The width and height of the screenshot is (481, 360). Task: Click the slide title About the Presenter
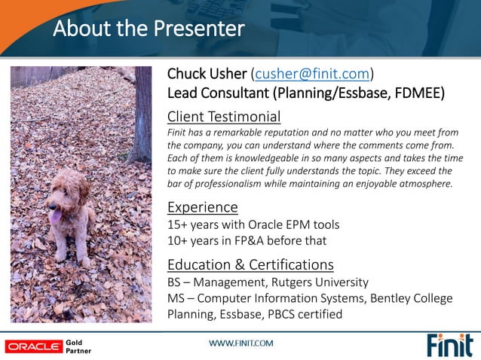149,29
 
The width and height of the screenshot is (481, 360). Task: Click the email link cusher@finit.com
312,74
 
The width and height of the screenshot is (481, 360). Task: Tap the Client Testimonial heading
224,117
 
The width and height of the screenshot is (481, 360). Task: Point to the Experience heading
202,206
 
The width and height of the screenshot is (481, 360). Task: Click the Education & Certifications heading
250,264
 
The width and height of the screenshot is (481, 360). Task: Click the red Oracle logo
34,346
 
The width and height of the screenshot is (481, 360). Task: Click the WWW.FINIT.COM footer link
240,343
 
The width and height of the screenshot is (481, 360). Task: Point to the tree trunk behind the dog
139,113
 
